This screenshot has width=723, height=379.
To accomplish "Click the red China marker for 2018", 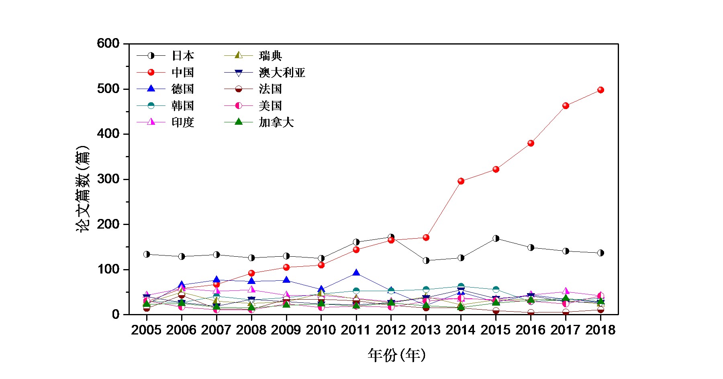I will coord(600,90).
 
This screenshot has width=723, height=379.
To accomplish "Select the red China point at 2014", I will coord(461,181).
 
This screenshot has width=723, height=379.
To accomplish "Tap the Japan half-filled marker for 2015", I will coord(496,239).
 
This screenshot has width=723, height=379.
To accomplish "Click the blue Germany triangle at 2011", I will coord(356,273).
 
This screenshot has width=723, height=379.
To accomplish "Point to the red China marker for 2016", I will coord(531,143).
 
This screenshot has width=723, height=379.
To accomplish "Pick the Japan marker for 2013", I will coord(426,261).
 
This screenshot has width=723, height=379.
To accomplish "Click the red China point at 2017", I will coord(566,106).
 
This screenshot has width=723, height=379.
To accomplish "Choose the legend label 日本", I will coord(183,56).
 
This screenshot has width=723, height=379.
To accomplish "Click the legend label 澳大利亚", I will coord(282,73).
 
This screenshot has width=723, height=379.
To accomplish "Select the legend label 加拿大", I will coord(276,122).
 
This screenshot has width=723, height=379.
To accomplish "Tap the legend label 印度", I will coord(183,122).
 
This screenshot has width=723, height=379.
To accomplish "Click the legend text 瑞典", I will coord(270,56).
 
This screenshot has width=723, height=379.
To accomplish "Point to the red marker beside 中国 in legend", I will coord(151,73).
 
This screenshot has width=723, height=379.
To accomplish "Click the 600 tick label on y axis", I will coord(108,43).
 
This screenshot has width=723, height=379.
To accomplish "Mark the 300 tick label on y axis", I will coord(108,179).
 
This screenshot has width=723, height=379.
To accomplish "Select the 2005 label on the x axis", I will coord(146,330).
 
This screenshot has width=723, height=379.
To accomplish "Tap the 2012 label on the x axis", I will coord(391,330).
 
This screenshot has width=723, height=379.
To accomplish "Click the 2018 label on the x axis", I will coord(600,330).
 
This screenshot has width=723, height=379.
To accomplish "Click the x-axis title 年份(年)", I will coord(396,355).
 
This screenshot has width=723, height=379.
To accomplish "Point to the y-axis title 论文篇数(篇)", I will coord(83,188).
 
